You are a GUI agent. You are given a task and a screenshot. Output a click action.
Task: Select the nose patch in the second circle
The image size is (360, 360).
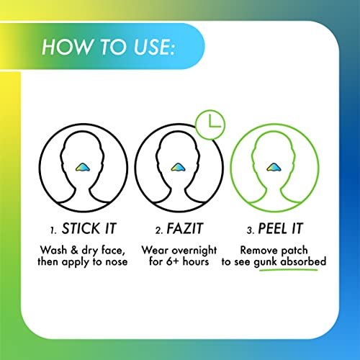pyautogui.click(x=181, y=166)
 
